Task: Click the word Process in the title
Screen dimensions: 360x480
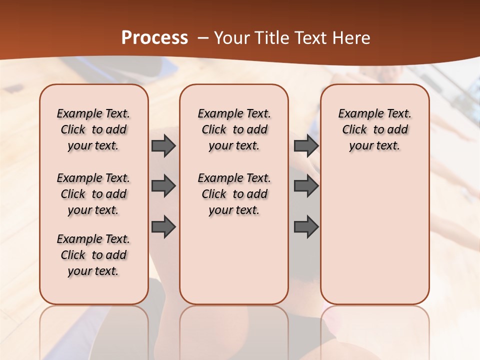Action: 154,38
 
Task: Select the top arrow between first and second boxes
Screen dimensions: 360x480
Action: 163,145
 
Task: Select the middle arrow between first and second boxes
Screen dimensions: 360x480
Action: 163,186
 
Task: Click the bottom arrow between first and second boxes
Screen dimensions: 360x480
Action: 163,227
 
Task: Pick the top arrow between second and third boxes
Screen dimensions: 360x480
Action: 306,145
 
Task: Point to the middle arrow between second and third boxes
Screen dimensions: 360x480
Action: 306,186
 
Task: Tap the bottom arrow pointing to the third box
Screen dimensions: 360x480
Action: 306,227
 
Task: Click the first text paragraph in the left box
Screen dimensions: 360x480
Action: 93,129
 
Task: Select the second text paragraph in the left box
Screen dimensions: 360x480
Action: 93,194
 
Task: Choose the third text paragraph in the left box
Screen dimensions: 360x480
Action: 93,255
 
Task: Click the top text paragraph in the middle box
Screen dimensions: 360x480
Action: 234,129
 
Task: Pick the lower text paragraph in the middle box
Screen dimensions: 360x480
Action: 234,194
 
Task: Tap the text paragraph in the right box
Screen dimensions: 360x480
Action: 374,129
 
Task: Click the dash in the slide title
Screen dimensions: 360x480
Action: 202,38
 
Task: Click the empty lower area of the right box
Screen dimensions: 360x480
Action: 374,235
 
